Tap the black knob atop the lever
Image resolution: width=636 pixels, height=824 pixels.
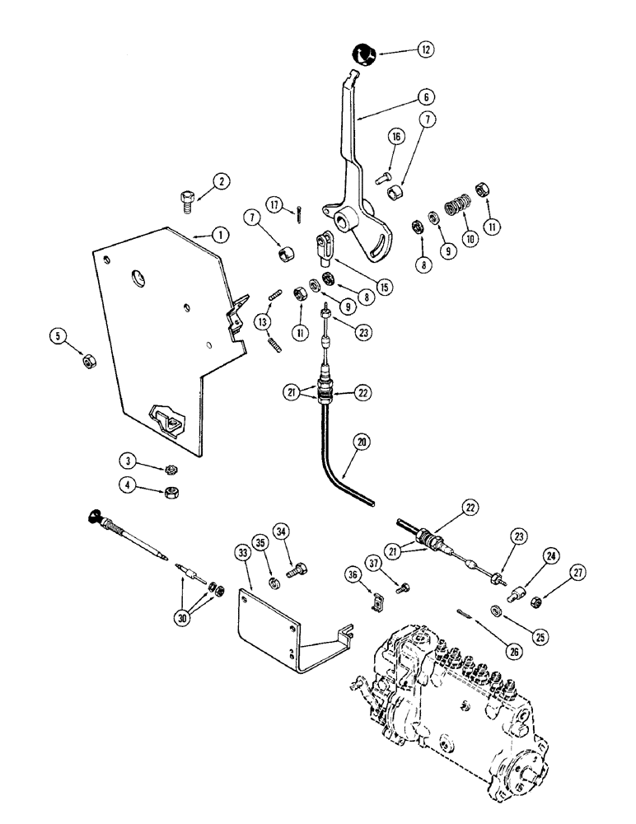pyautogui.click(x=363, y=55)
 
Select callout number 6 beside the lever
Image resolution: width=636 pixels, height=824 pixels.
pyautogui.click(x=424, y=96)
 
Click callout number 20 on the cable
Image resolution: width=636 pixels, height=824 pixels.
pyautogui.click(x=363, y=442)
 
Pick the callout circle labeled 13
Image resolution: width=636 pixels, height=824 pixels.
pyautogui.click(x=263, y=321)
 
